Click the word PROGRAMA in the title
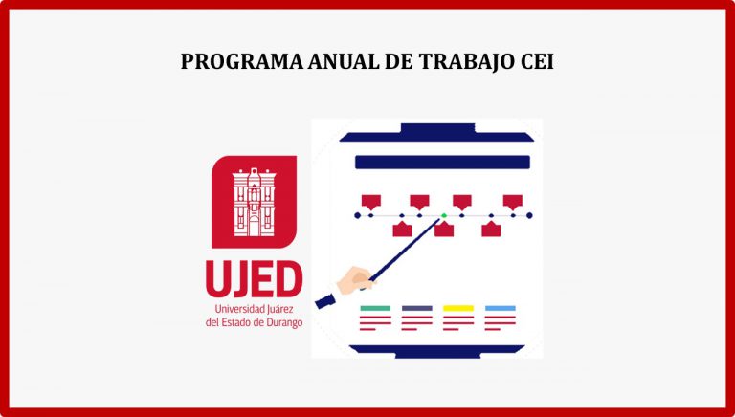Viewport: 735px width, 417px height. pyautogui.click(x=242, y=61)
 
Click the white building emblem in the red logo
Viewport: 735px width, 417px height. pyautogui.click(x=254, y=202)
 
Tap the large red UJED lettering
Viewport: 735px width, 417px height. pyautogui.click(x=254, y=278)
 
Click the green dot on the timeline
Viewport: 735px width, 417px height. pyautogui.click(x=443, y=215)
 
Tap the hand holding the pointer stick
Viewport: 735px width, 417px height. pyautogui.click(x=356, y=280)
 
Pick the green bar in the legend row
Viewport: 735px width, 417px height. pyautogui.click(x=375, y=308)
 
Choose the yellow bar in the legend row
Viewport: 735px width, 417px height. pyautogui.click(x=458, y=308)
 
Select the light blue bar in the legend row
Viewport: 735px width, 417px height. pyautogui.click(x=501, y=308)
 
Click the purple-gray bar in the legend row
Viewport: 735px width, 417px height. pyautogui.click(x=416, y=308)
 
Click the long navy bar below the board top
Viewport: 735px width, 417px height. pyautogui.click(x=442, y=163)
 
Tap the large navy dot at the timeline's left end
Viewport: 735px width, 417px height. pyautogui.click(x=358, y=215)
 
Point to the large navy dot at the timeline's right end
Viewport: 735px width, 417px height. pyautogui.click(x=529, y=215)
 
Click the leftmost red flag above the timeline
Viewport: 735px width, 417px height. pyautogui.click(x=370, y=202)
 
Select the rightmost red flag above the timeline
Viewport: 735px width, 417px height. pyautogui.click(x=512, y=202)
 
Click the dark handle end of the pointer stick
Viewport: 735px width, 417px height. pyautogui.click(x=324, y=301)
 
